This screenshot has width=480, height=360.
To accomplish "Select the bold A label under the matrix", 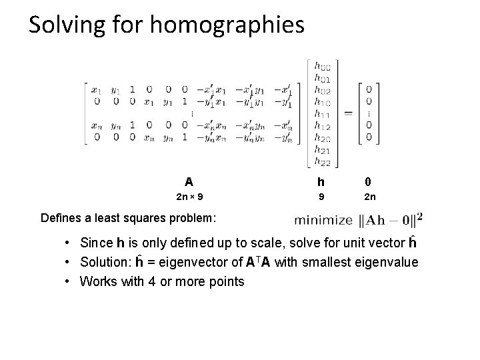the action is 189,181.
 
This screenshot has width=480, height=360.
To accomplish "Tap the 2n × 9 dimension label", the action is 189,197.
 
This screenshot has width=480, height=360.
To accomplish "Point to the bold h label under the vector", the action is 321,181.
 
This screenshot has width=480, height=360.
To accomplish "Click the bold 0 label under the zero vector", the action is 369,181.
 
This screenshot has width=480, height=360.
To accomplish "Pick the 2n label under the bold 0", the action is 369,197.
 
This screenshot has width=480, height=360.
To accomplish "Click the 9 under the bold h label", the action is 321,197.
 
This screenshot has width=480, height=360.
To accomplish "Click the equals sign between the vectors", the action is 348,113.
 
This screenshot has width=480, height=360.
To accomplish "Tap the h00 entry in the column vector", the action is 323,67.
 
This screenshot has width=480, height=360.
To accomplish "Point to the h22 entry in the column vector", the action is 323,161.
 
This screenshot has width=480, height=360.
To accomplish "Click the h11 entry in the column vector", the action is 323,114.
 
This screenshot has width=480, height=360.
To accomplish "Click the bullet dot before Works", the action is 69,281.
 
